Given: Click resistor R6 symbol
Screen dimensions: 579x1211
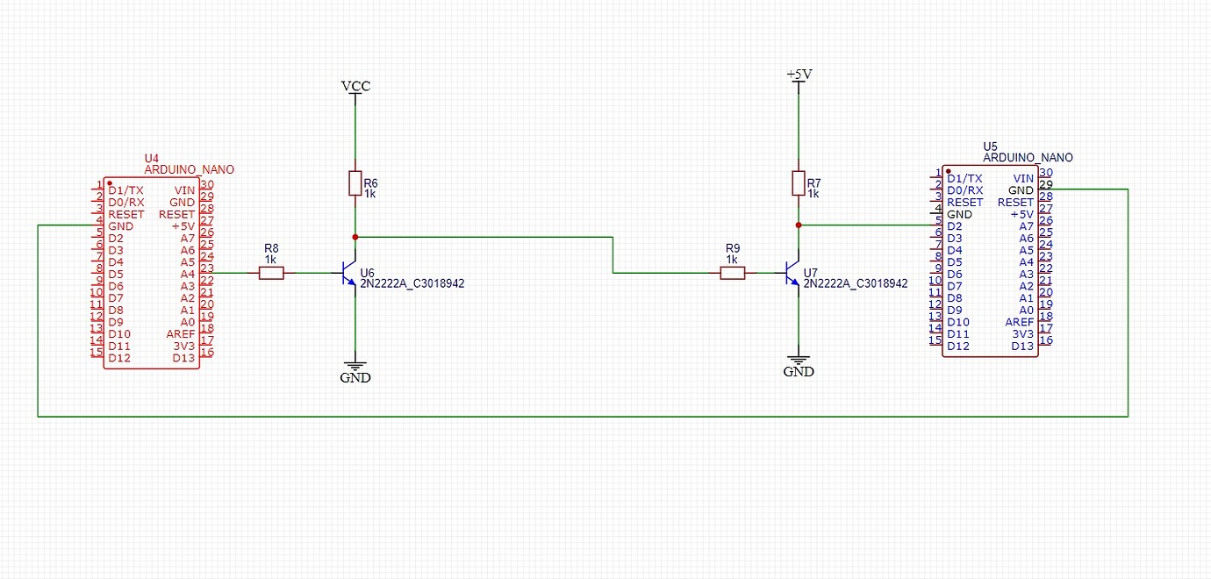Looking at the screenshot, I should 355,183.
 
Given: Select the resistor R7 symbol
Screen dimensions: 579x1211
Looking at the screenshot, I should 799,182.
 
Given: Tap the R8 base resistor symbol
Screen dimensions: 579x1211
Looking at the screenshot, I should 272,273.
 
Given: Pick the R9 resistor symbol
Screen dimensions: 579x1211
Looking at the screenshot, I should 733,273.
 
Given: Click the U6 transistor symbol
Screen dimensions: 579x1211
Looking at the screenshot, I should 349,274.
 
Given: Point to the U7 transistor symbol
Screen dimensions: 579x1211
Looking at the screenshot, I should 792,274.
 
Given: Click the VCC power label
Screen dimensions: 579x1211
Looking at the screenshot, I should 355,86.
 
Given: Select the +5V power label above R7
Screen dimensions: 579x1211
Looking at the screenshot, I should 799,75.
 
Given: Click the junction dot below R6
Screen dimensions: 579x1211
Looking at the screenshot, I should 355,237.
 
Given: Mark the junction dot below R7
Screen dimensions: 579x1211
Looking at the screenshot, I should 799,225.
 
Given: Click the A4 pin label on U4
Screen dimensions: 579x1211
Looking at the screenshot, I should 187,274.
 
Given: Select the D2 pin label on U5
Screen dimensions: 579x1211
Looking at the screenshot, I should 954,226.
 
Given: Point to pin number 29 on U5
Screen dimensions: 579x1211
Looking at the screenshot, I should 1045,184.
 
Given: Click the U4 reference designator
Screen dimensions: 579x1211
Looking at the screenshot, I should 151,159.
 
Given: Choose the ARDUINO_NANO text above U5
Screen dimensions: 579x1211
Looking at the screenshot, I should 1028,158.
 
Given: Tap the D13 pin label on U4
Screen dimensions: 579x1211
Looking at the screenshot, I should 183,358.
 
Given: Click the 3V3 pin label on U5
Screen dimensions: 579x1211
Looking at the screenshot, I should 1022,334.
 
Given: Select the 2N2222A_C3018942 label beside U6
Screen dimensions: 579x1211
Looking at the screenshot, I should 412,284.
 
